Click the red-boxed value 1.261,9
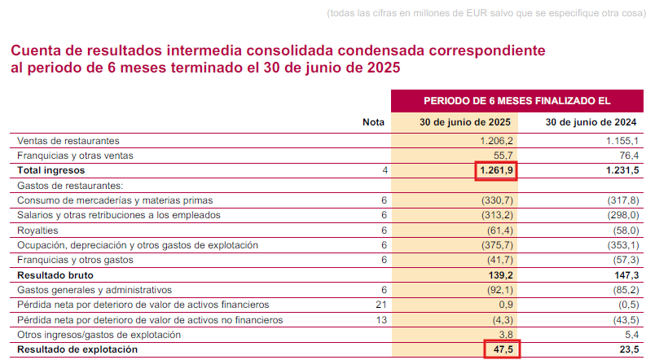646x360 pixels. pos(495,170)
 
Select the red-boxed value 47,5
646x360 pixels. pos(501,350)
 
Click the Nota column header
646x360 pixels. pos(373,122)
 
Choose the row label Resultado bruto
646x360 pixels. pos(52,275)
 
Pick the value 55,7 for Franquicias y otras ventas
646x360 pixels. pos(503,155)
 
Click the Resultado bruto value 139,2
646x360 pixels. pos(501,275)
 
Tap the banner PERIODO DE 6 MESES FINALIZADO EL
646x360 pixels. pos(517,100)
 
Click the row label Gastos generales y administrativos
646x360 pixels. pos(94,290)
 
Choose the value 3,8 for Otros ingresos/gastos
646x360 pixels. pos(506,335)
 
